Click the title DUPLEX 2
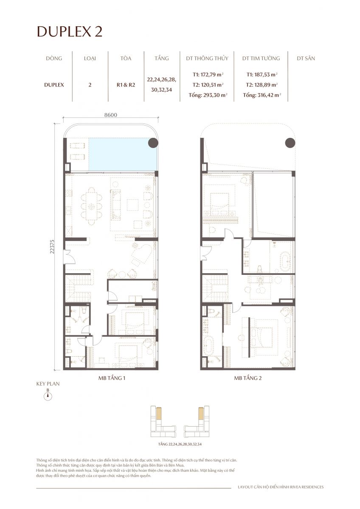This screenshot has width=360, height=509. [x=70, y=31]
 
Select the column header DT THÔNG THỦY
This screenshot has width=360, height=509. [x=207, y=59]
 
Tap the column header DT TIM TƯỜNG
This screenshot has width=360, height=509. [x=261, y=59]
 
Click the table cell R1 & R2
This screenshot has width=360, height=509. [x=126, y=84]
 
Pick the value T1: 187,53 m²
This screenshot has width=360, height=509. [x=261, y=74]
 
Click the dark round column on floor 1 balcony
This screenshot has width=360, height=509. [x=153, y=143]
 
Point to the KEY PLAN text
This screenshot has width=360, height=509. [x=48, y=384]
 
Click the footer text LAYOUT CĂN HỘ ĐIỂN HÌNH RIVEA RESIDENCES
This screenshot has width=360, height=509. [x=281, y=487]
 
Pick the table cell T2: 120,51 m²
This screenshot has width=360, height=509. [x=207, y=84]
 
